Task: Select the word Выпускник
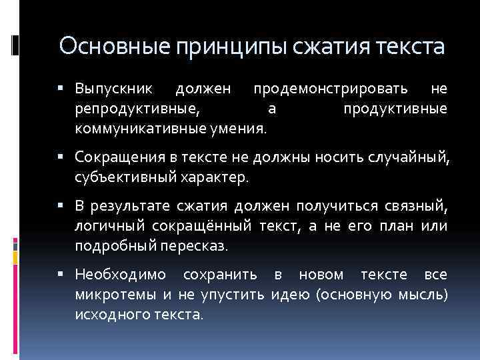(114, 89)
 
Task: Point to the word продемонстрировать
(330, 89)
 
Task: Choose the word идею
(291, 294)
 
